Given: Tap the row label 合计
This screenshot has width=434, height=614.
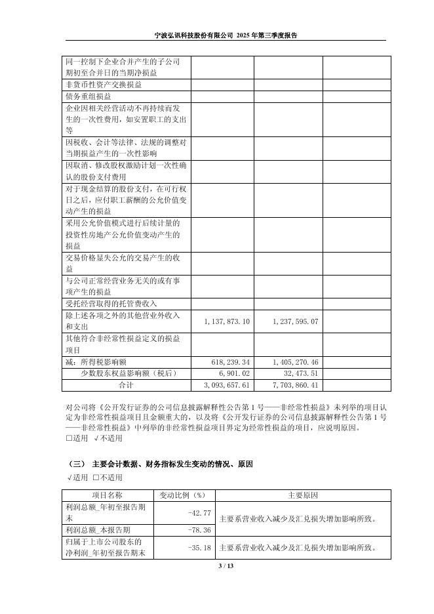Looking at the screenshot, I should point(125,384).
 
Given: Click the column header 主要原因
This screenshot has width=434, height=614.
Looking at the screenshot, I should point(303,495).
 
